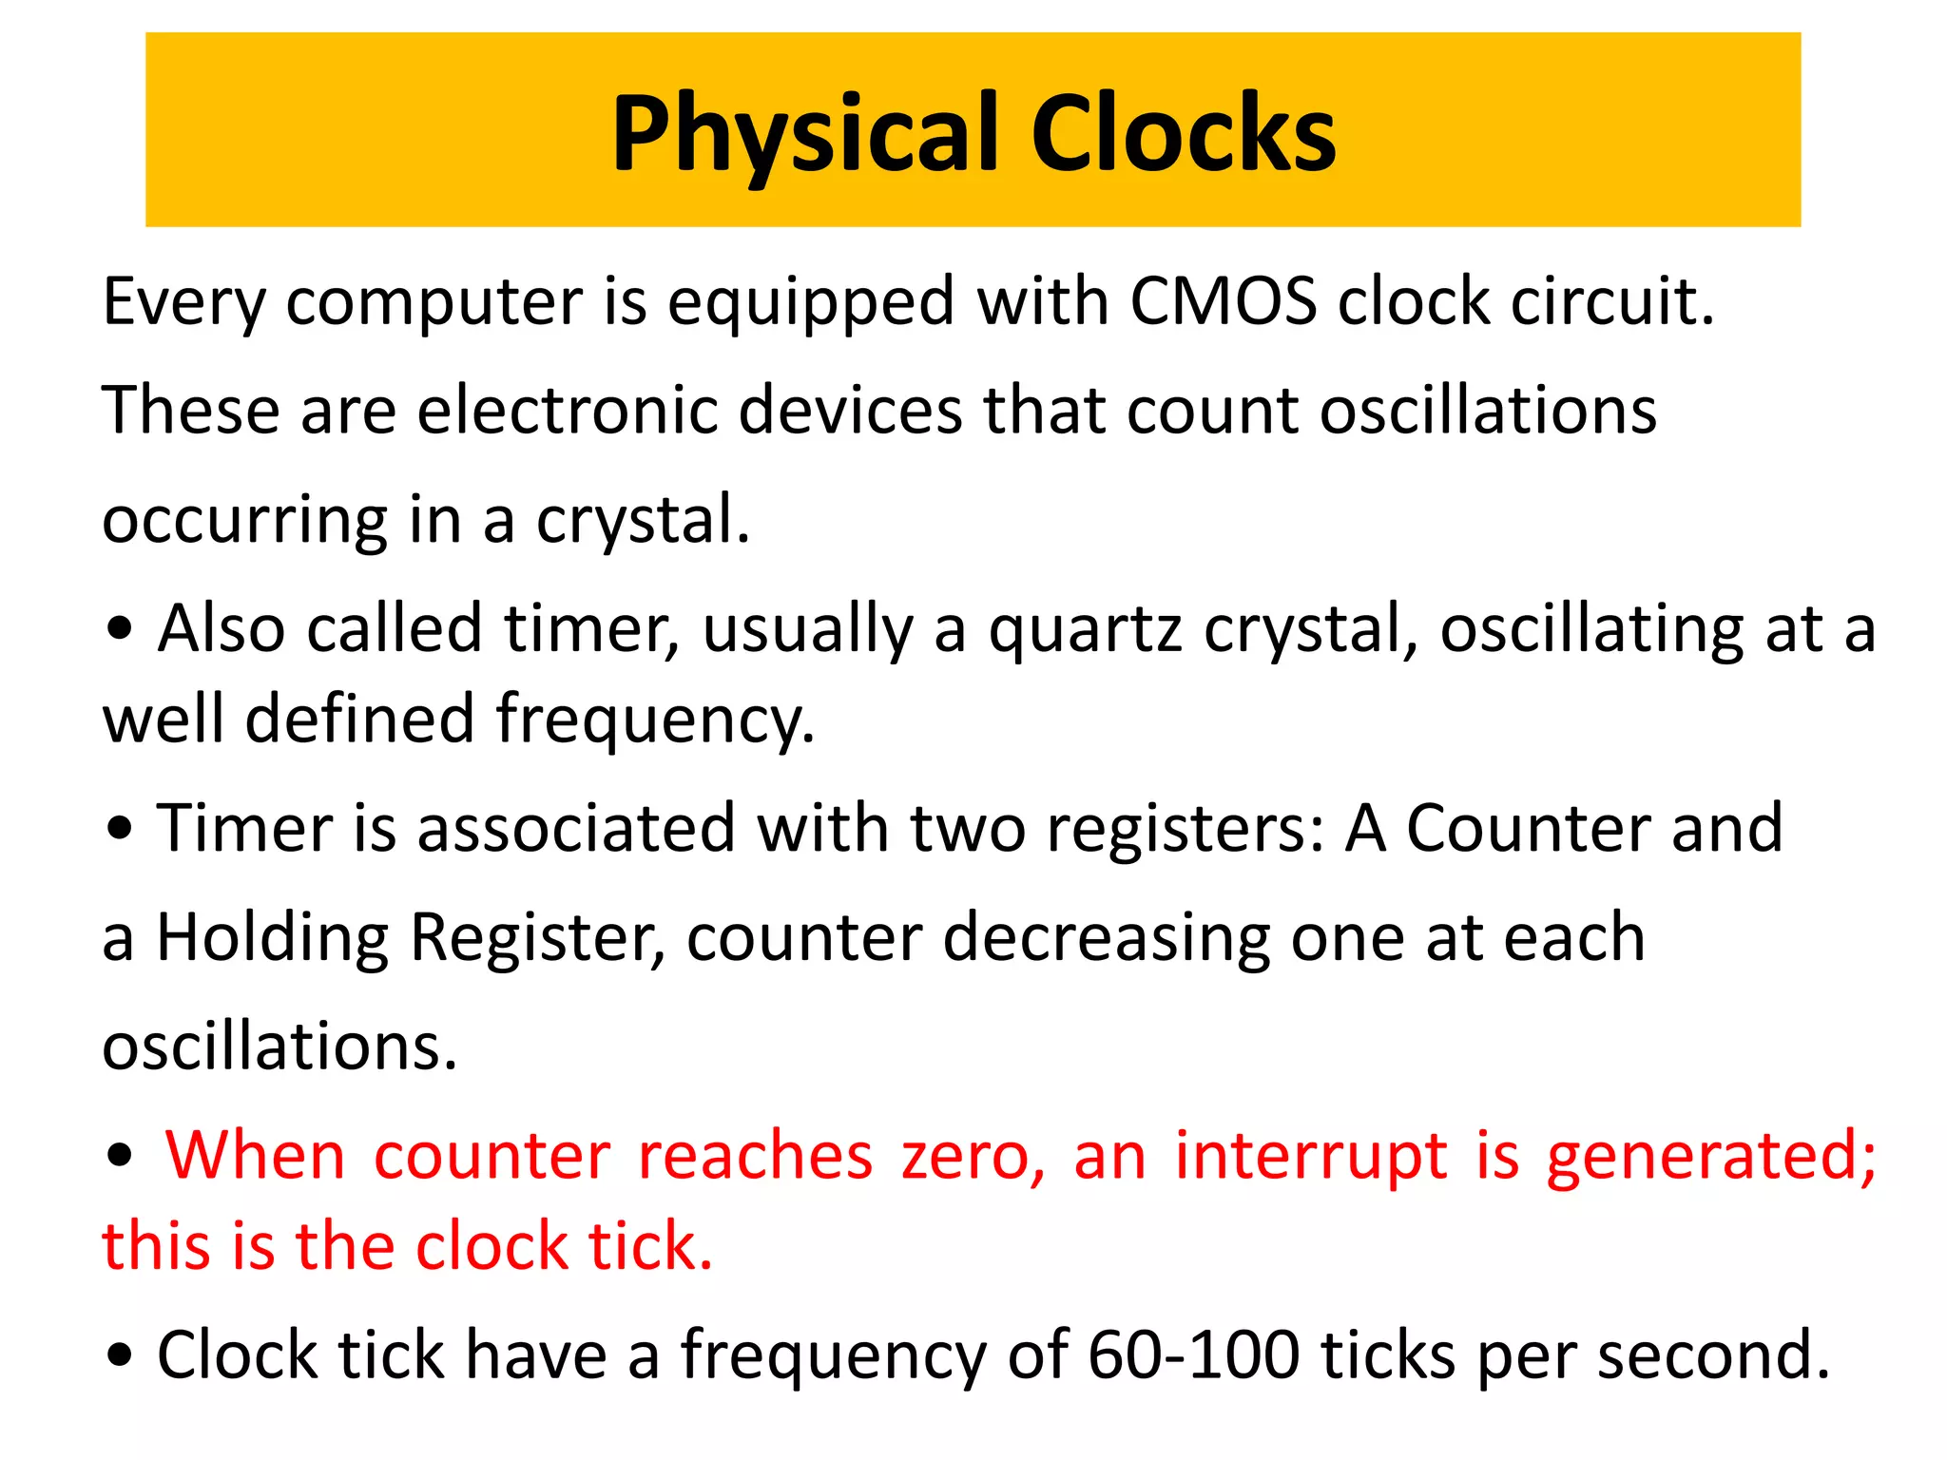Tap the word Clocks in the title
1183,134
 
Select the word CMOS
1223,302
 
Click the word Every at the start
184,302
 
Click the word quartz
1085,630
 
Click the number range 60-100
1193,1355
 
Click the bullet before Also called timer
120,630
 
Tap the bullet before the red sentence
120,1158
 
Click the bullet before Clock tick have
120,1356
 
